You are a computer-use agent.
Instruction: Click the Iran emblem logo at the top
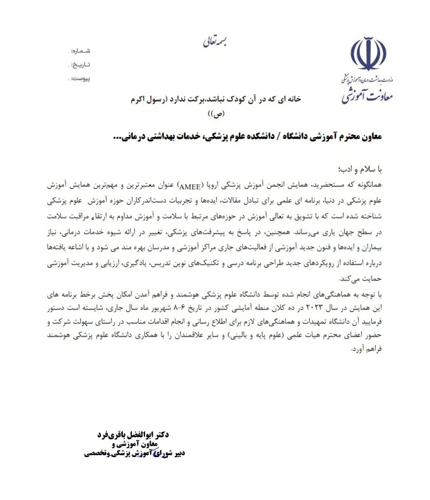(372, 54)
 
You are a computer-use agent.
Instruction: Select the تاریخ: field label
(83, 64)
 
